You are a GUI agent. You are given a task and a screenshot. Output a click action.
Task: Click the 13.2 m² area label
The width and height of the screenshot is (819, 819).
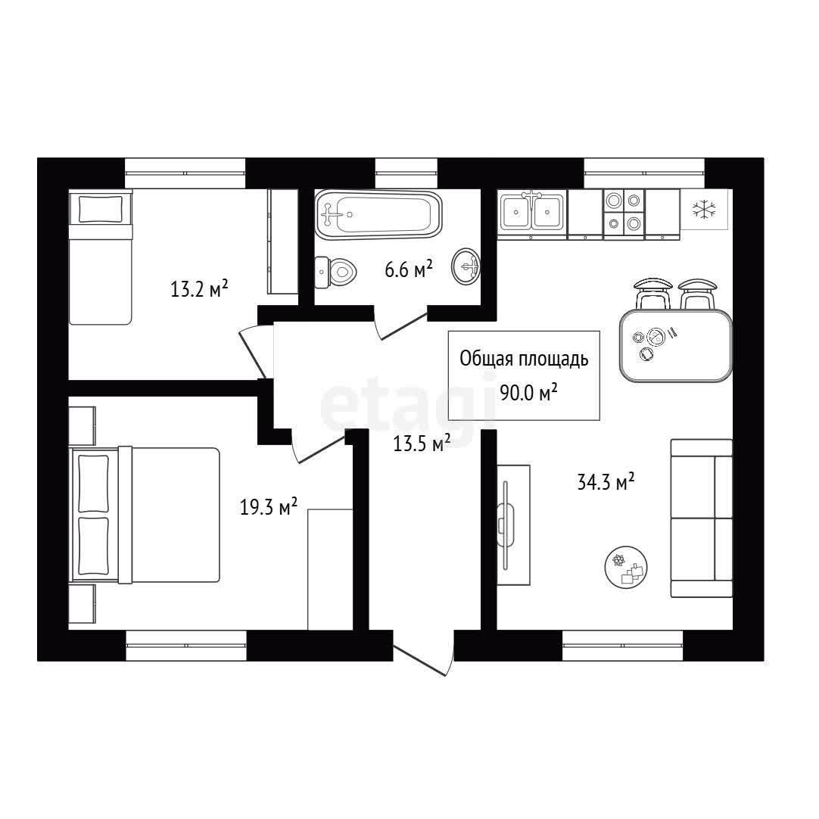199,288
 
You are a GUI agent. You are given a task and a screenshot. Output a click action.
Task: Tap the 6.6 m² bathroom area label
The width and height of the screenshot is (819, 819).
409,269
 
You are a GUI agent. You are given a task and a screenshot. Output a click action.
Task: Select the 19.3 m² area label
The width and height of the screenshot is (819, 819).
269,506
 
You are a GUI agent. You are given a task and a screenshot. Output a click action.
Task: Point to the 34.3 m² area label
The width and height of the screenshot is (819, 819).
606,481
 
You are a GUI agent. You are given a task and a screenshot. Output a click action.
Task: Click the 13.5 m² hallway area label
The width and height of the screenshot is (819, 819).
422,444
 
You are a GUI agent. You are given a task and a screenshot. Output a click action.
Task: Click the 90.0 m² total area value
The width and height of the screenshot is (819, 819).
528,392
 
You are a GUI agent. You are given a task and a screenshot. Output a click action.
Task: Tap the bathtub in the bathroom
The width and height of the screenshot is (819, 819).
378,214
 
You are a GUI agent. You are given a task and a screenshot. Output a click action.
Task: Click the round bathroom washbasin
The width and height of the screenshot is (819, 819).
466,267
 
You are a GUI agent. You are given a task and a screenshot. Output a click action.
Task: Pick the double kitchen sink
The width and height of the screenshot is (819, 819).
531,211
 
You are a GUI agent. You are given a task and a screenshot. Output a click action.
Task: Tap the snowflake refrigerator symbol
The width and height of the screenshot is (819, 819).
704,209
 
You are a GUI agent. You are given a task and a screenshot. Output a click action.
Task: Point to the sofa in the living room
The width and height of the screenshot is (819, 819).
702,518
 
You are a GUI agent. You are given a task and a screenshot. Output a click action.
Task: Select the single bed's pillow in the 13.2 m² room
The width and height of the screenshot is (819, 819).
100,209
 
